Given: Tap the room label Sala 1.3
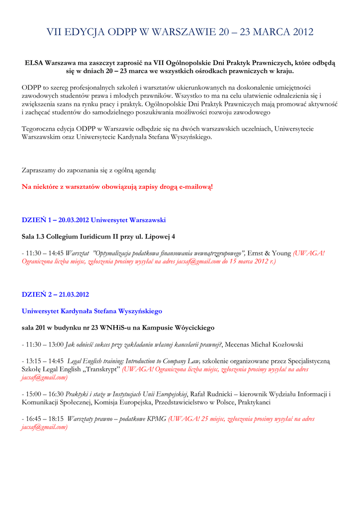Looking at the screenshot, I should tap(35, 236).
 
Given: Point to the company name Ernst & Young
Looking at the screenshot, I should tap(269, 253).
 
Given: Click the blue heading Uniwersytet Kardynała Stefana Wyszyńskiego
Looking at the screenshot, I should tap(92, 311).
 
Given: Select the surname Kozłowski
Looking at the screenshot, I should tap(285, 344).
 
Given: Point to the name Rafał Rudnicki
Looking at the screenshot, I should tap(213, 394).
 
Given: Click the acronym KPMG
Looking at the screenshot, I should tap(157, 419).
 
